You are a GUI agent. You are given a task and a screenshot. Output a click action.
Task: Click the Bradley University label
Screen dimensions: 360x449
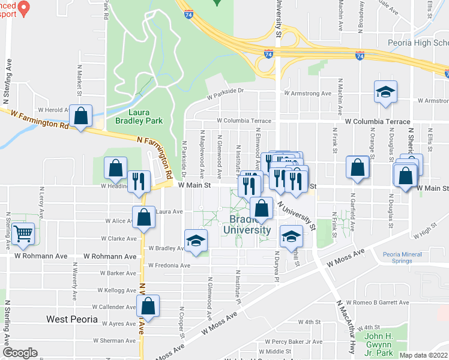coord(247,224)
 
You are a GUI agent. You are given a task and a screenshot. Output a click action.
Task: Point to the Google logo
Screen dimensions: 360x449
coord(20,352)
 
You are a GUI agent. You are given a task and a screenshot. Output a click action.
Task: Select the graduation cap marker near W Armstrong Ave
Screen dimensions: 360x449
coord(385,92)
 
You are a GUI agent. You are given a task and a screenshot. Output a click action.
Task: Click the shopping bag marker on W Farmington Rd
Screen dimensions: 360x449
coord(80,116)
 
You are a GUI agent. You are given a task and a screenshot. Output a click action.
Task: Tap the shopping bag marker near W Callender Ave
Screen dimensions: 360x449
coord(148,306)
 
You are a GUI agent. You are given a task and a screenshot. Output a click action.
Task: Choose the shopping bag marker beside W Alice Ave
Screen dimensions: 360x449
coord(143,218)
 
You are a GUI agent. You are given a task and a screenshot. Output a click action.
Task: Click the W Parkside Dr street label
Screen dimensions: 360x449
coord(226,91)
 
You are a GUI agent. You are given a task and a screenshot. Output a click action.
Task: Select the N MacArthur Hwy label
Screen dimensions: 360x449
coord(344,322)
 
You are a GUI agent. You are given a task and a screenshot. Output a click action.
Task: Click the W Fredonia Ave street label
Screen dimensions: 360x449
coord(170,265)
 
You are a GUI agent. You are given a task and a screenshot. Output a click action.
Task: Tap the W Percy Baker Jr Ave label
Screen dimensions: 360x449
coord(281,342)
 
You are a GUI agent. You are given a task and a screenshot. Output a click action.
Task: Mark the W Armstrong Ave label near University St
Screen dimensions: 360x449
coord(308,94)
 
